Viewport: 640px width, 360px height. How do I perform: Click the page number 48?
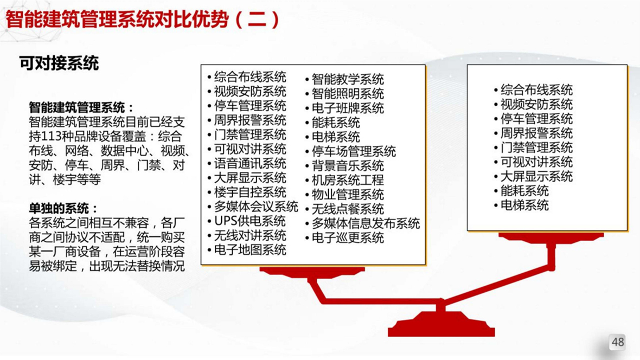618,342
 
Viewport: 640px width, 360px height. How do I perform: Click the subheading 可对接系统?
59,63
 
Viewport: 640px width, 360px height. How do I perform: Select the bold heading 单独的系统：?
63,209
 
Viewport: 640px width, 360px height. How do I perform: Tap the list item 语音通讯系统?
250,164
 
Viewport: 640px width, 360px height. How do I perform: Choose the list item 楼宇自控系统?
250,192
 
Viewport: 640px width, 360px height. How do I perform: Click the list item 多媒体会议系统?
256,207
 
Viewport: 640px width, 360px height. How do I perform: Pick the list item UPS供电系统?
250,221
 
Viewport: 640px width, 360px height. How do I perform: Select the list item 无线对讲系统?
250,235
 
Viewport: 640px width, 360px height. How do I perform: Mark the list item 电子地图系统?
250,250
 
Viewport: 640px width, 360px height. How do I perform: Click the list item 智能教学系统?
348,79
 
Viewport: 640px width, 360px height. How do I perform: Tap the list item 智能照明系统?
348,94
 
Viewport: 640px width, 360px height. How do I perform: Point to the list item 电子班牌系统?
348,108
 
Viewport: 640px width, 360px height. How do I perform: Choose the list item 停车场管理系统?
354,151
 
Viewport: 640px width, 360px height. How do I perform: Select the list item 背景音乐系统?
348,166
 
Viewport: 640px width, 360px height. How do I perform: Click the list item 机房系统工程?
348,180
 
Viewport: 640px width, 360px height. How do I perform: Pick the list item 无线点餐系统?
348,209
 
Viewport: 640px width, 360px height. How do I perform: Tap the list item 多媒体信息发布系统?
366,223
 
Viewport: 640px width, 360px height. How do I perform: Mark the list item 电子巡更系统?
348,237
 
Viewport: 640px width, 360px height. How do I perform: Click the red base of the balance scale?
441,325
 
